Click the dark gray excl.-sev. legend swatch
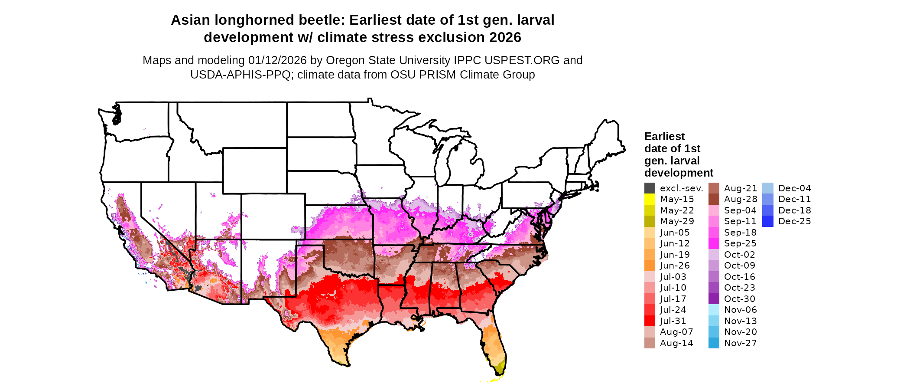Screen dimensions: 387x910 [650, 188]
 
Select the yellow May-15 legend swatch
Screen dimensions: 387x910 [650, 199]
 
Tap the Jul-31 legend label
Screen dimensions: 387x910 [673, 321]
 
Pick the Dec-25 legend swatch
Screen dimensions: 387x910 [767, 221]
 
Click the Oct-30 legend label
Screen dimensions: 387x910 [739, 299]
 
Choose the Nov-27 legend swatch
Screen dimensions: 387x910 [714, 343]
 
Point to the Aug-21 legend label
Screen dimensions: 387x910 [740, 188]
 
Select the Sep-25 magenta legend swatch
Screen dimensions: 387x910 [714, 243]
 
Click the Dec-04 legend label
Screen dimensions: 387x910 [794, 188]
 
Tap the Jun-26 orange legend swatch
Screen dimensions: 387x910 [650, 266]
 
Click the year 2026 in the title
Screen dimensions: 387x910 [505, 38]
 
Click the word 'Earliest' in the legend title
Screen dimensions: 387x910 [664, 137]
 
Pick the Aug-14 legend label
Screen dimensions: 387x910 [676, 343]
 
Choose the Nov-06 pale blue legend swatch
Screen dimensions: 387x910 [714, 310]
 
